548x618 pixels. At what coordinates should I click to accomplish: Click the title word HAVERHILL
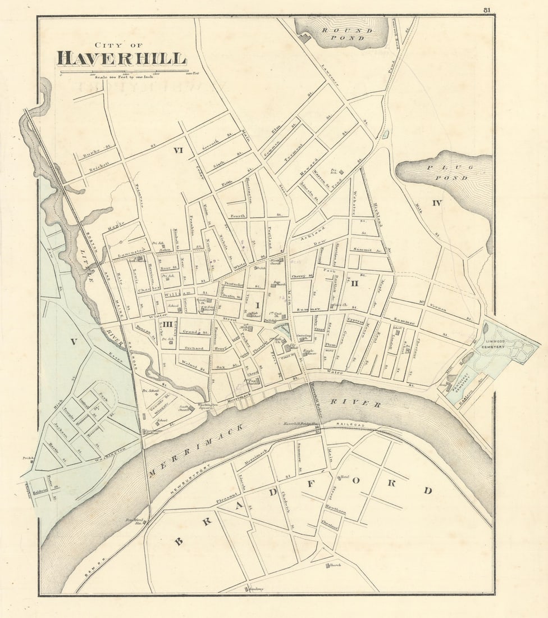tap(121, 58)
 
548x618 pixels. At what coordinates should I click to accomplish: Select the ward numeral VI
tap(179, 150)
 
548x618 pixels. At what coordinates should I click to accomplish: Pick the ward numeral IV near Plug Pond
tap(436, 203)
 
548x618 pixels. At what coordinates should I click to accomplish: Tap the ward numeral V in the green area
tap(72, 342)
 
